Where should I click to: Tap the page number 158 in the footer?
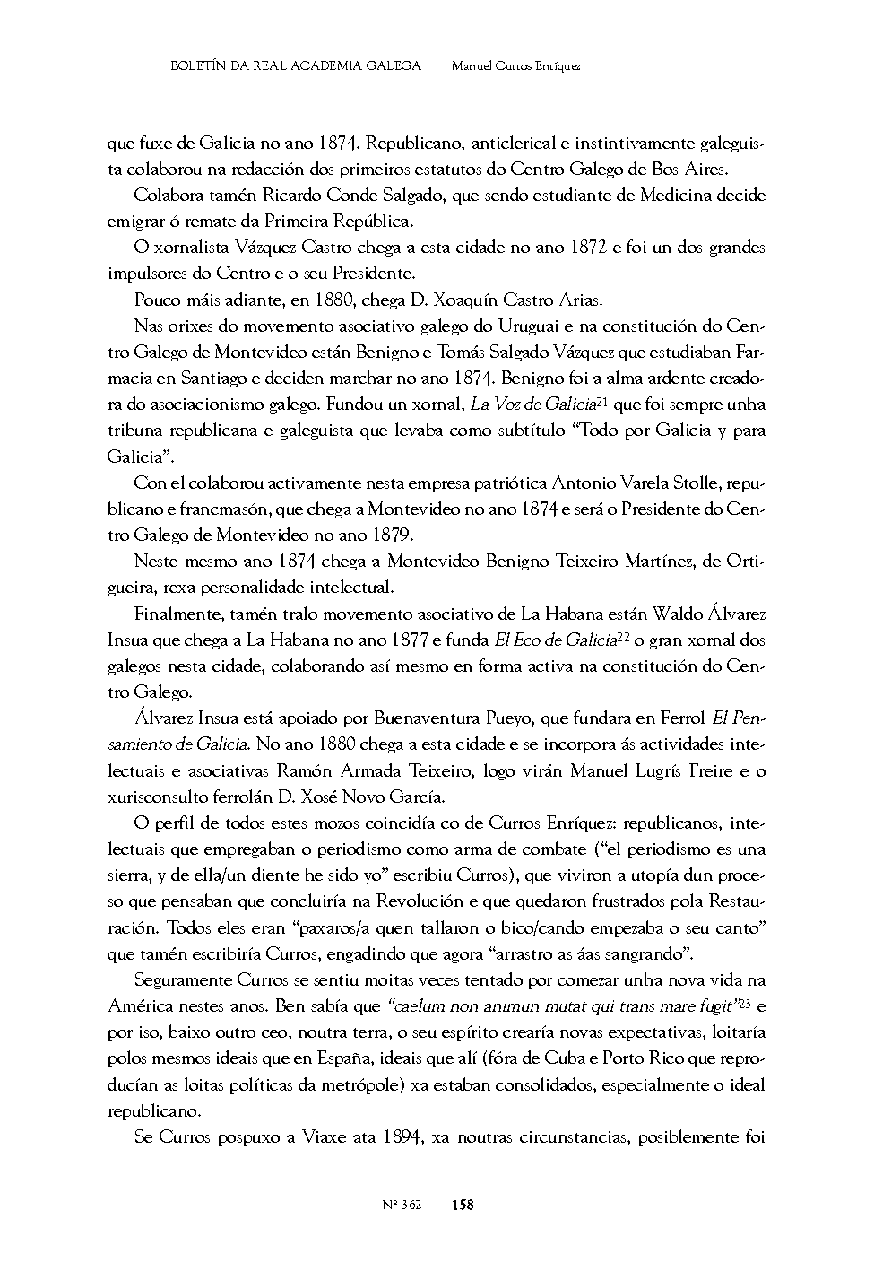pos(463,1205)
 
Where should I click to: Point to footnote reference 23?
pos(744,1004)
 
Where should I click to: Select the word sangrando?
pos(648,953)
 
